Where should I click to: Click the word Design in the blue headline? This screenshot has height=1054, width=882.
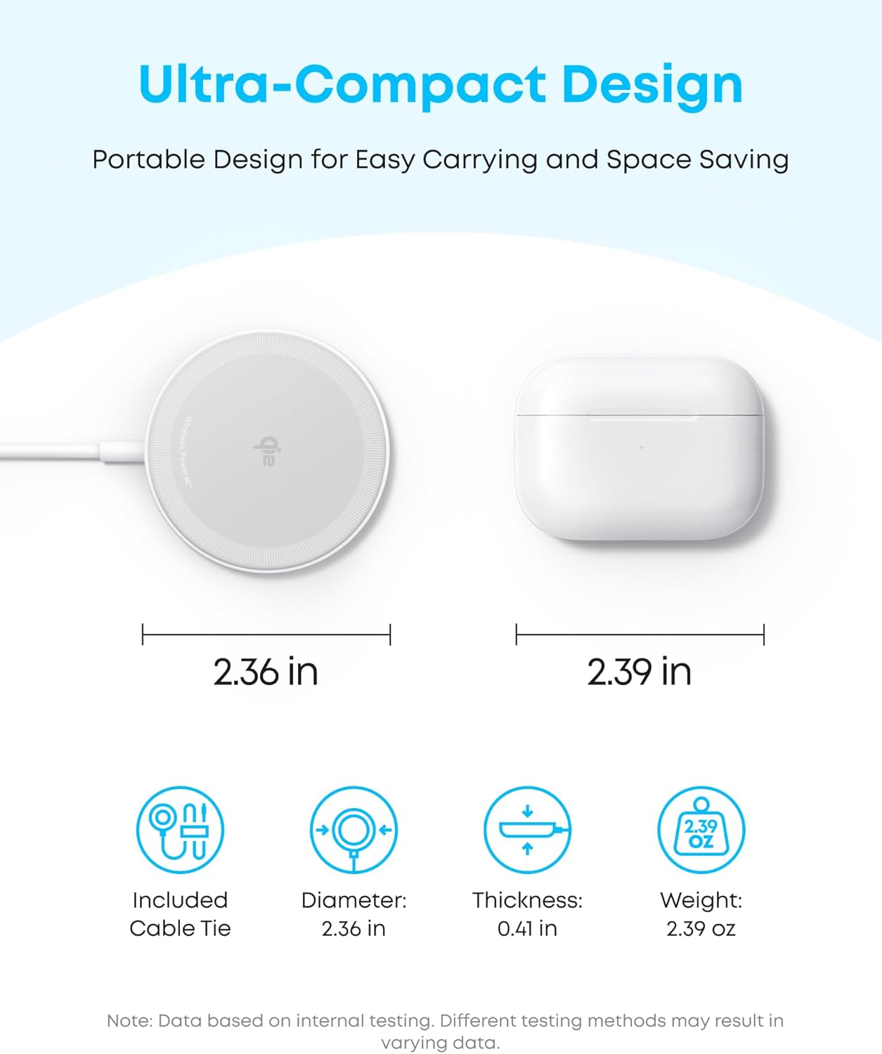(x=652, y=84)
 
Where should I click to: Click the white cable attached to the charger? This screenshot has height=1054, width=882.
(x=56, y=453)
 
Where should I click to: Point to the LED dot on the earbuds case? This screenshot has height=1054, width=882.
(x=641, y=448)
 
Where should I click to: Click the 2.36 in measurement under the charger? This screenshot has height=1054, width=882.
(x=266, y=672)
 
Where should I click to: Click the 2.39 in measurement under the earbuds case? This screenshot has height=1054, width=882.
(x=640, y=672)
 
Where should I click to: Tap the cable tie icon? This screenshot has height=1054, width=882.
(x=180, y=830)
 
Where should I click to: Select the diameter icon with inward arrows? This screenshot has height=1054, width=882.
(x=354, y=830)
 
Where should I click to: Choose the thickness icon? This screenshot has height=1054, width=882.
(x=527, y=830)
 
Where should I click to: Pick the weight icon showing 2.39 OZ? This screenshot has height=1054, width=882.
(x=701, y=830)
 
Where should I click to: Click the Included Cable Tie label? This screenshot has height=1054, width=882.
(x=180, y=914)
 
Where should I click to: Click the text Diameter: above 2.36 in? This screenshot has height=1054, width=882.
(x=354, y=900)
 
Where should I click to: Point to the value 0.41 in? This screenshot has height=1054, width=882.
(x=527, y=929)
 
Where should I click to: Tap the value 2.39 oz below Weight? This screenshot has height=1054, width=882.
(x=701, y=929)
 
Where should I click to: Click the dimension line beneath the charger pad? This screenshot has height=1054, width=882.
(x=266, y=635)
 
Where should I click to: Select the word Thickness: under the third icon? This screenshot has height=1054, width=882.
(x=527, y=900)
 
